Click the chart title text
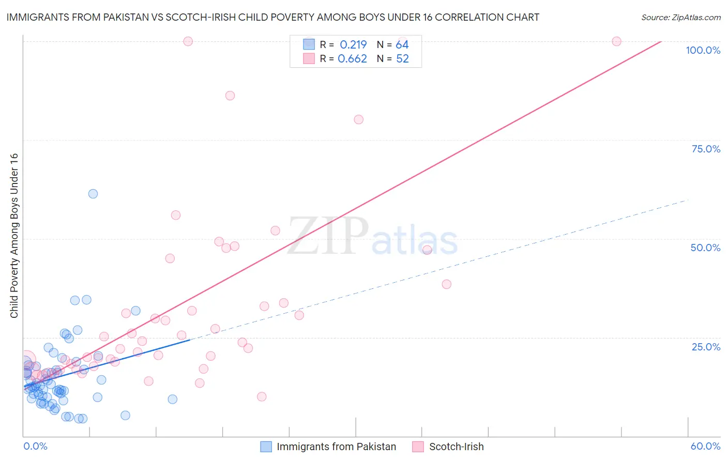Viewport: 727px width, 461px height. click(x=272, y=17)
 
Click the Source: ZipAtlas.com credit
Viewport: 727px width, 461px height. click(x=680, y=17)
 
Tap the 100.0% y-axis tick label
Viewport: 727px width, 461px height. click(x=703, y=50)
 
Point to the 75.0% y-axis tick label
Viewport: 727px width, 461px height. click(x=706, y=149)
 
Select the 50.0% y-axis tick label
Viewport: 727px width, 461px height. click(x=705, y=248)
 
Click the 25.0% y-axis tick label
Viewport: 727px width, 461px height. click(x=706, y=347)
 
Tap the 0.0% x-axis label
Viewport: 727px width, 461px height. click(x=36, y=446)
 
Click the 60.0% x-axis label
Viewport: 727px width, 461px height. click(x=705, y=446)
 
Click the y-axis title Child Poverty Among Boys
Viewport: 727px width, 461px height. click(x=14, y=236)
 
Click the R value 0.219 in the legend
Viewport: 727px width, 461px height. click(x=353, y=45)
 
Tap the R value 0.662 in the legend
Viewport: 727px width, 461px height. click(x=352, y=59)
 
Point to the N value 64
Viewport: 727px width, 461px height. click(x=402, y=45)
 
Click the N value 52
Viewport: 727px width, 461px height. click(x=402, y=59)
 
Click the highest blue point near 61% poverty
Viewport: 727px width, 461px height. click(x=93, y=194)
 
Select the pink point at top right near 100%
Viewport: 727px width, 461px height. click(x=616, y=41)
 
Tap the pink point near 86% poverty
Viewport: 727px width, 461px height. click(x=230, y=96)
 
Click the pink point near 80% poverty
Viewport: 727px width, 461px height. click(x=359, y=119)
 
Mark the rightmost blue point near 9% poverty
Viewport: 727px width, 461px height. click(x=173, y=399)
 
